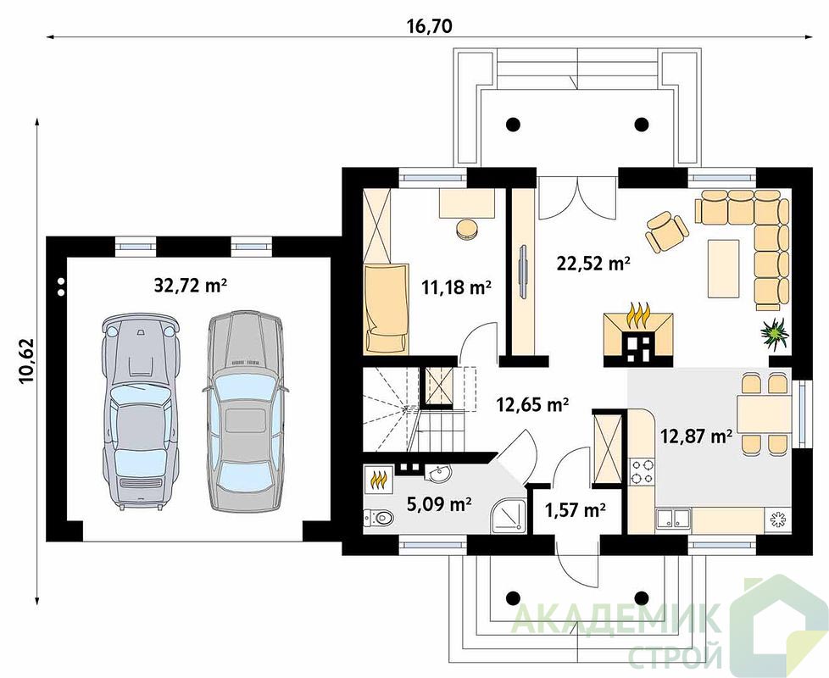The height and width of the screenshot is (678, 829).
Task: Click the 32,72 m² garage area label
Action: coord(191,286)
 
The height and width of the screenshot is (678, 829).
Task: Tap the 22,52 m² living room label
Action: coord(593,263)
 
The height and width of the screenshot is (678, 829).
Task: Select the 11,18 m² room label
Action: coord(456,287)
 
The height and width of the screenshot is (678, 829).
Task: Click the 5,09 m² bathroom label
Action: coord(439,504)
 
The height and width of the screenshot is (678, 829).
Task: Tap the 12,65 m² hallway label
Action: coord(532,404)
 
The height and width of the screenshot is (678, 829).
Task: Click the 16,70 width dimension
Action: coord(429,26)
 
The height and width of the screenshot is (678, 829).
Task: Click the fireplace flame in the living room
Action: coord(637,316)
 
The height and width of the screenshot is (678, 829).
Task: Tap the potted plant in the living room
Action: coord(774,333)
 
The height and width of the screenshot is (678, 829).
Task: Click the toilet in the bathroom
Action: coord(379,518)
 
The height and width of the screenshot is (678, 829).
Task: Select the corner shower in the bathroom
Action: coord(508,515)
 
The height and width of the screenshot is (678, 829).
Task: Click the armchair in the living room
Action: coord(666,231)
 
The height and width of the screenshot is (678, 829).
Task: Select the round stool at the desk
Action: coord(467,229)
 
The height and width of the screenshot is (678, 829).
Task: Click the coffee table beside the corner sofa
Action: coord(723,268)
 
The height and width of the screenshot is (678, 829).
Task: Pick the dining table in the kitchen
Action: coord(765,414)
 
